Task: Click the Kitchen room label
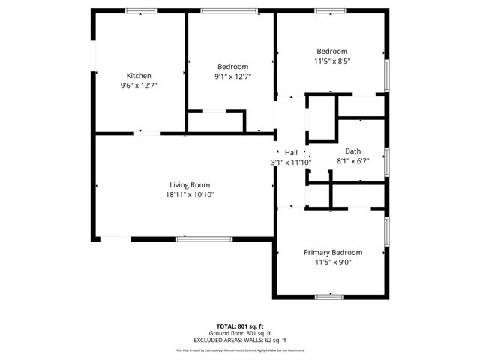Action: [x=139, y=76]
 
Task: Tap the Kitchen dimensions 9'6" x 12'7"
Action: [x=139, y=85]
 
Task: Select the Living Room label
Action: [x=189, y=184]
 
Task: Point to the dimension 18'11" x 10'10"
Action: [x=189, y=195]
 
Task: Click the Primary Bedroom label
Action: [x=332, y=253]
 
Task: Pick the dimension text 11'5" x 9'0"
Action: [x=332, y=262]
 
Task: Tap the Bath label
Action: [x=352, y=151]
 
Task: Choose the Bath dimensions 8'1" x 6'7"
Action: [x=352, y=160]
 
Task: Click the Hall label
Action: [x=291, y=152]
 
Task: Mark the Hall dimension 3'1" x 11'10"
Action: [x=291, y=162]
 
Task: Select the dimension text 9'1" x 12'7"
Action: [x=232, y=76]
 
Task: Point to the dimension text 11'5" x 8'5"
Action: [x=332, y=61]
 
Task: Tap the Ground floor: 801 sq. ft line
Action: [x=240, y=334]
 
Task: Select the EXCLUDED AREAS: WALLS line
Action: [x=240, y=340]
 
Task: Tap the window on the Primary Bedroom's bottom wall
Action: [x=329, y=297]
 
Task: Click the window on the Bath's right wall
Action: [x=387, y=160]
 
